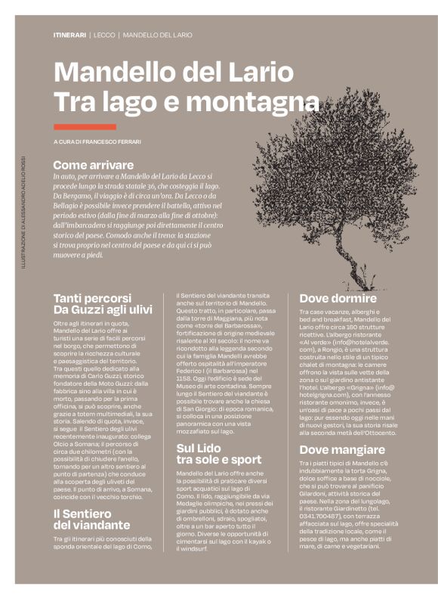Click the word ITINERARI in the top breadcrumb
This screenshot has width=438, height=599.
(69, 36)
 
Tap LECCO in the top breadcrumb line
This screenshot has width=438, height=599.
(104, 36)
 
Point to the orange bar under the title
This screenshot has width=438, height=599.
(85, 126)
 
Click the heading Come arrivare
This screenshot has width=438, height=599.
(93, 164)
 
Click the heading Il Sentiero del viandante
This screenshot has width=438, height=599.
(91, 520)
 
